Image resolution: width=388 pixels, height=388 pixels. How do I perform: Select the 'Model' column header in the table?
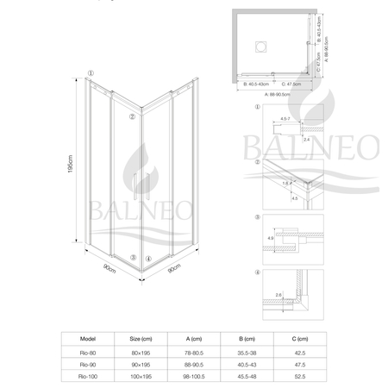pos(86,340)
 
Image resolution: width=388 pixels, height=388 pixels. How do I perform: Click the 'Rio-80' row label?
pos(86,352)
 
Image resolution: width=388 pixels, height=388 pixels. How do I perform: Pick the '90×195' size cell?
pos(141,365)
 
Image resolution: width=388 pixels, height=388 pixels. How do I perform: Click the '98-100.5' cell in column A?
pos(196,377)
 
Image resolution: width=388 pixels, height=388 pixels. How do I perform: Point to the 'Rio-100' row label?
pos(86,377)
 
